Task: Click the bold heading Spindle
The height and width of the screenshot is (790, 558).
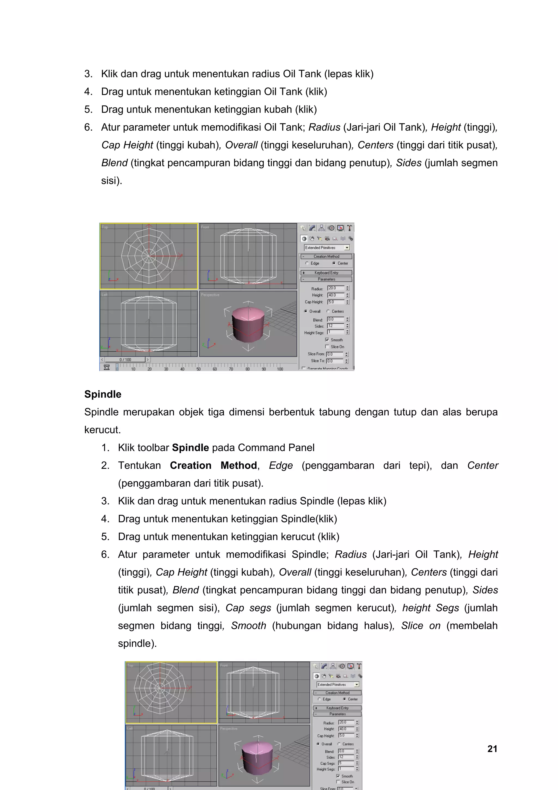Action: (103, 394)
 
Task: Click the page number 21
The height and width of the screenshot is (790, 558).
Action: (492, 749)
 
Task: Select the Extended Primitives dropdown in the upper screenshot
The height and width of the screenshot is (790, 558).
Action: (327, 248)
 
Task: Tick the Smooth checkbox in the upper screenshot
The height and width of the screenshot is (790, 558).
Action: (327, 340)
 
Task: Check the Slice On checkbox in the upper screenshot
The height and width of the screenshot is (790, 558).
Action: (327, 347)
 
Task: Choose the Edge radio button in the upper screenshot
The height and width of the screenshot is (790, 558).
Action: (307, 263)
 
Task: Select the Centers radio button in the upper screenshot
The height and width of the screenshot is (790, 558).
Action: (328, 311)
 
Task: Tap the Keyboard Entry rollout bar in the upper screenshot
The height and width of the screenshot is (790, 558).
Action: (326, 273)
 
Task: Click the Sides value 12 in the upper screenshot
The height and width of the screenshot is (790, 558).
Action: (335, 326)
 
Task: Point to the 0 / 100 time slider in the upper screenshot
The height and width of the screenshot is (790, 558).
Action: (125, 360)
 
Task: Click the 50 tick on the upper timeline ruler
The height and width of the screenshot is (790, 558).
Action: (198, 369)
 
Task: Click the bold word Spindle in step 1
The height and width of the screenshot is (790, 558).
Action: (190, 448)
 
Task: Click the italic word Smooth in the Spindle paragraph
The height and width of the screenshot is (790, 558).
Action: (248, 626)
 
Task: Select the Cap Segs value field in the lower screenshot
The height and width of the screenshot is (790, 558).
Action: (345, 763)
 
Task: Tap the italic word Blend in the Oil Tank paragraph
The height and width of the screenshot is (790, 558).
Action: (114, 163)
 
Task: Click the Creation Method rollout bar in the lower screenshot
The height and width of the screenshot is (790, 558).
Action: (337, 693)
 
